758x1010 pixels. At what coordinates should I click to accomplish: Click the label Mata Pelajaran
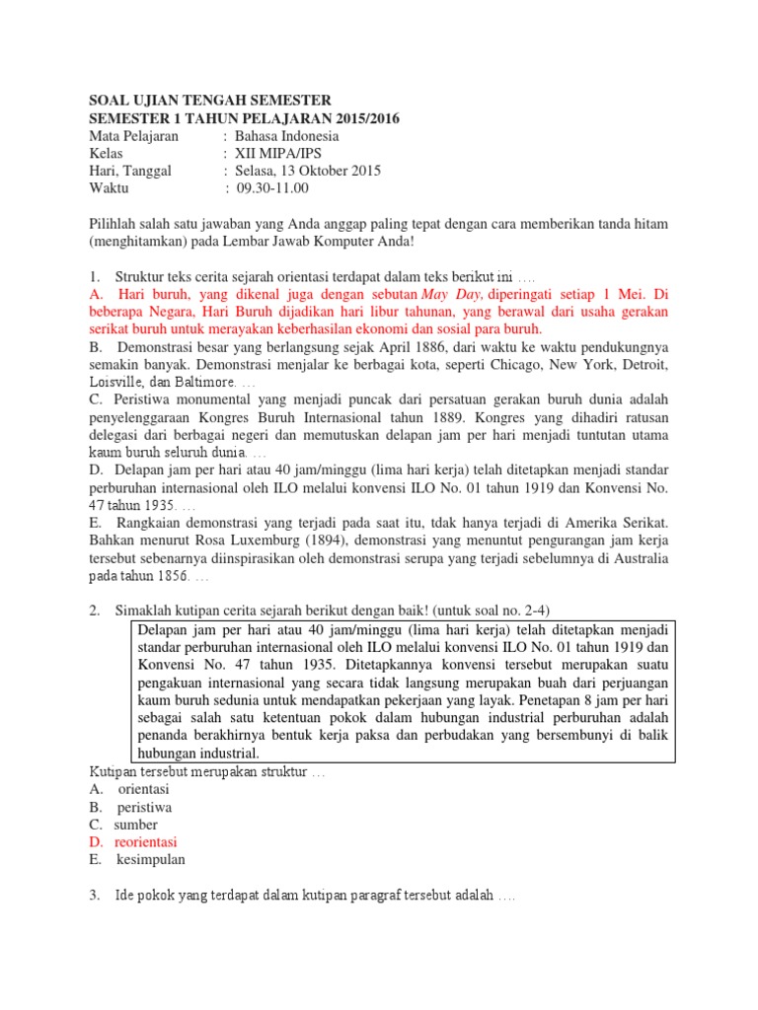click(x=133, y=135)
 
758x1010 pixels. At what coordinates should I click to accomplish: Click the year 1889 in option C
click(x=436, y=417)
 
